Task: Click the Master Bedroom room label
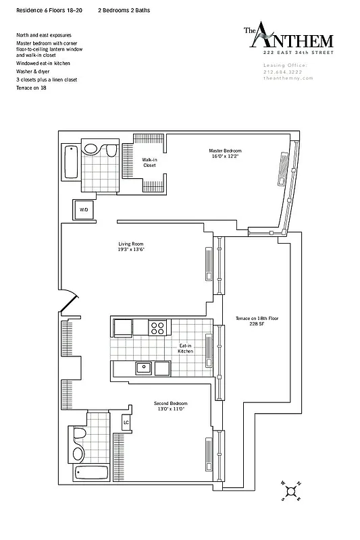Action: coord(224,151)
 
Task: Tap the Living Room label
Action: coord(131,244)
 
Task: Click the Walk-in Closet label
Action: coord(149,162)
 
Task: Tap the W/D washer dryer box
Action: coord(84,211)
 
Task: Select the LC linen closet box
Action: coord(126,423)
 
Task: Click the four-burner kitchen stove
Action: coord(157,328)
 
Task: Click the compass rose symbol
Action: coord(293,491)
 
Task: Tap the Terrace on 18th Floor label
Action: coord(257,318)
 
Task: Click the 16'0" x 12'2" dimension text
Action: coord(224,156)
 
